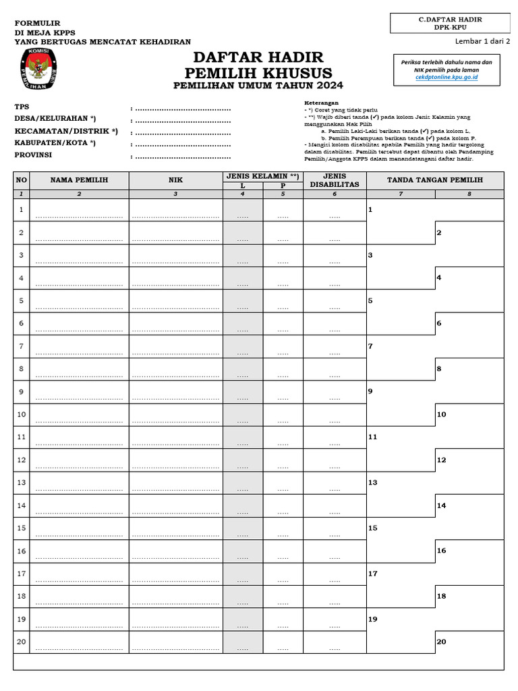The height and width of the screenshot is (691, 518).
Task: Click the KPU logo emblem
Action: (37, 72)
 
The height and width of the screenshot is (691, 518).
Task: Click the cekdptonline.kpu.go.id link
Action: (446, 78)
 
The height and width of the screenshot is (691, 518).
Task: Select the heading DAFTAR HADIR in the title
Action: (258, 57)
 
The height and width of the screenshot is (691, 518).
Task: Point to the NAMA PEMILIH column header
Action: (79, 180)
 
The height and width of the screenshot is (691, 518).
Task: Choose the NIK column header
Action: (175, 180)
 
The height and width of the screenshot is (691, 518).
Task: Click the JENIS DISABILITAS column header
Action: (334, 180)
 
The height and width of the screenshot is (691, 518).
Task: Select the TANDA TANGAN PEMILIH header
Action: (434, 180)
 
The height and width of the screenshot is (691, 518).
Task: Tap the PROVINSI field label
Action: (33, 155)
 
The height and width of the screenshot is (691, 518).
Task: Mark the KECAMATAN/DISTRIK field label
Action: (66, 131)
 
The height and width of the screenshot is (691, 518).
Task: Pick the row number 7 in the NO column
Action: (22, 346)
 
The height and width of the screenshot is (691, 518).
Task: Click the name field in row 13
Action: (79, 484)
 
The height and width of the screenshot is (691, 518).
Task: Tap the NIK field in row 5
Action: (175, 302)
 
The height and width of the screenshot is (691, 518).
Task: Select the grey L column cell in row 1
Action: (243, 211)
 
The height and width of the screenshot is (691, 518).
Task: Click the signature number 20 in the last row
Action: (441, 642)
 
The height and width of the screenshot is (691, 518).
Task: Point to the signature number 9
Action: (370, 391)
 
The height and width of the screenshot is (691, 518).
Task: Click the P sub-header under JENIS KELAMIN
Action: (283, 186)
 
